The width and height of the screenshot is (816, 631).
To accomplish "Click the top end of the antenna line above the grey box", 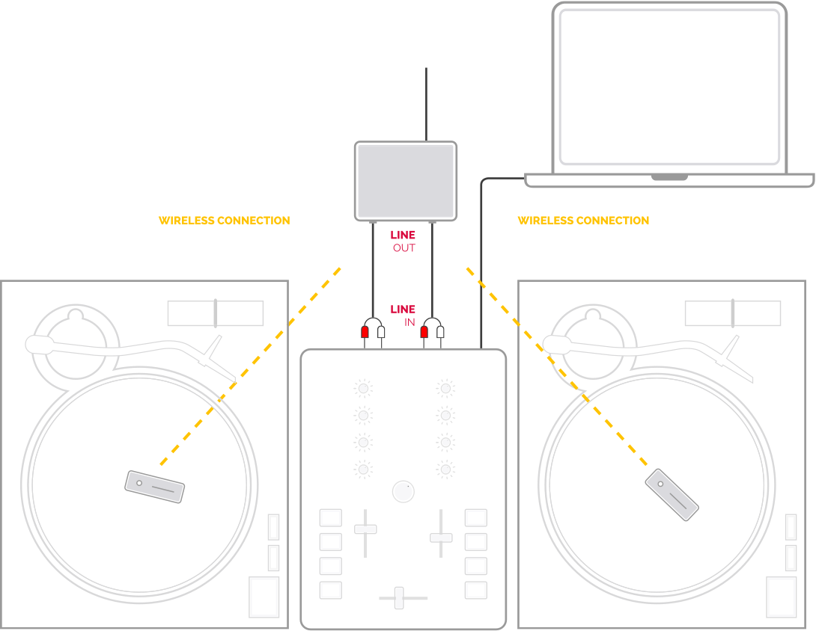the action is [x=426, y=68].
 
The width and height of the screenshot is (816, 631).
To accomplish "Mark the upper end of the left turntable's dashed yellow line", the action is [x=341, y=268].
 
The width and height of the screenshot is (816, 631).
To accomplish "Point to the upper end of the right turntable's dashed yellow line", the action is [x=467, y=268].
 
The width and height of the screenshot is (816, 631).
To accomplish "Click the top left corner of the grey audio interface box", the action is [x=356, y=142].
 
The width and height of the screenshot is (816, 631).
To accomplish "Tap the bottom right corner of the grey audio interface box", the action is [x=457, y=221].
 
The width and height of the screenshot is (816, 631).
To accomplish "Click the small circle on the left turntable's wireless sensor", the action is [x=139, y=483].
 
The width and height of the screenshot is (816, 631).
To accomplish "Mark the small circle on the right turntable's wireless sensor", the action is [x=660, y=484].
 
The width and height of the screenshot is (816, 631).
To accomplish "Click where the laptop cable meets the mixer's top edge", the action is [x=481, y=348].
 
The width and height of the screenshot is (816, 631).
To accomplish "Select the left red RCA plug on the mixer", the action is [x=365, y=332].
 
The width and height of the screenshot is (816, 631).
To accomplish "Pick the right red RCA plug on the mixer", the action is [x=424, y=332].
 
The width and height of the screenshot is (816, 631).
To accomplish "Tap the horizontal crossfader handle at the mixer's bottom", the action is [x=399, y=598].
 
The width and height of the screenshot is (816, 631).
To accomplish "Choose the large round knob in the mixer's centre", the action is [x=404, y=492].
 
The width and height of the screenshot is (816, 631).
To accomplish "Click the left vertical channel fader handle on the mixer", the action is [x=365, y=529].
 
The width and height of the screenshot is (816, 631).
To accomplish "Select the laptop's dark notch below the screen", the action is [x=670, y=178].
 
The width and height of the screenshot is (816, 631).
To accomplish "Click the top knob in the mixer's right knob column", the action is [x=445, y=388].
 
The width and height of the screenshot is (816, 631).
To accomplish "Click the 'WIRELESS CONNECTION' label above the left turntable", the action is [x=225, y=221].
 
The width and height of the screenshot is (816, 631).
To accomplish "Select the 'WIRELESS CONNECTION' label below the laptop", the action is [x=583, y=221].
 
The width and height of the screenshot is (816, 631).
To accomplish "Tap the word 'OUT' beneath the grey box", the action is [x=404, y=248].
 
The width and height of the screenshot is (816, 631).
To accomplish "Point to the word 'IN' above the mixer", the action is [x=410, y=322].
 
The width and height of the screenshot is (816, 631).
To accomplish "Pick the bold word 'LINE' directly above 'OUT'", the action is [x=403, y=235].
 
